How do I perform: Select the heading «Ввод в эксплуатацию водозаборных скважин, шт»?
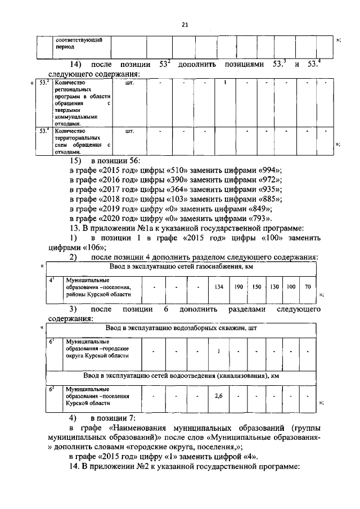181,328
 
